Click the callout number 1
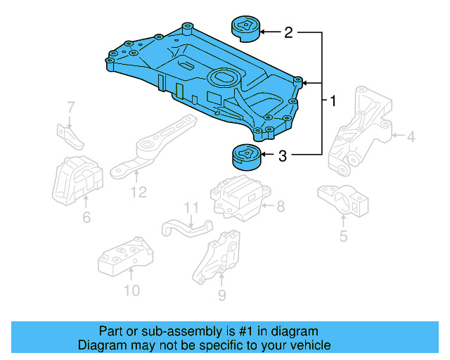(333, 101)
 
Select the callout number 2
(288, 32)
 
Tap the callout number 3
(283, 156)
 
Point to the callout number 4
(411, 136)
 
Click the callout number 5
(343, 236)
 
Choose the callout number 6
(86, 218)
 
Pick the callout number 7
(70, 108)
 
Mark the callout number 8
(280, 206)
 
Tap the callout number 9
(221, 295)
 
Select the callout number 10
(131, 290)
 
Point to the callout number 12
(139, 191)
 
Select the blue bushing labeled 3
(245, 157)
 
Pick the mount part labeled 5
(343, 202)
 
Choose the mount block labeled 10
(124, 259)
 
